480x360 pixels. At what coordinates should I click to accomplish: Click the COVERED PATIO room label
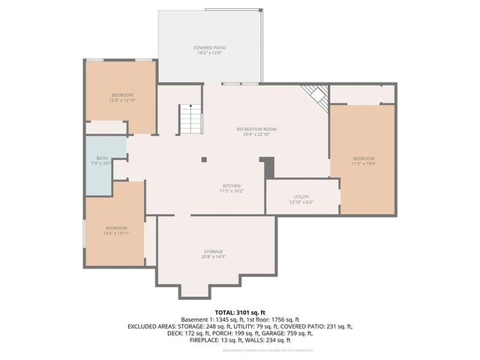point(210,47)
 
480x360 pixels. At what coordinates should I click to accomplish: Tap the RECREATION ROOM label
point(256,129)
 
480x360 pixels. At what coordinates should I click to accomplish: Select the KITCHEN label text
point(232,185)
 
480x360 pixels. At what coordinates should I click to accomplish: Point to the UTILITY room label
point(301,196)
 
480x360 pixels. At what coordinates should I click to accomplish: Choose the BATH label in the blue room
point(100,158)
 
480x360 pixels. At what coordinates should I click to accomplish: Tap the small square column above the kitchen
point(203,159)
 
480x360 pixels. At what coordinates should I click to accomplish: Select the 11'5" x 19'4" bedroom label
point(364,158)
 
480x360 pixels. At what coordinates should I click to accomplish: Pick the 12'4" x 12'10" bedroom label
point(121,94)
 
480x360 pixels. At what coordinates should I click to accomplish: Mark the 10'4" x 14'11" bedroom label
point(116,227)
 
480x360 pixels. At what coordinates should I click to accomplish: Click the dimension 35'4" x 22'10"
point(256,135)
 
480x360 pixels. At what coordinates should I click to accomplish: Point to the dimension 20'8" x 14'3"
point(214,257)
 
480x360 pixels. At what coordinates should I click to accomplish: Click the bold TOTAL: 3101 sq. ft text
point(240,312)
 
